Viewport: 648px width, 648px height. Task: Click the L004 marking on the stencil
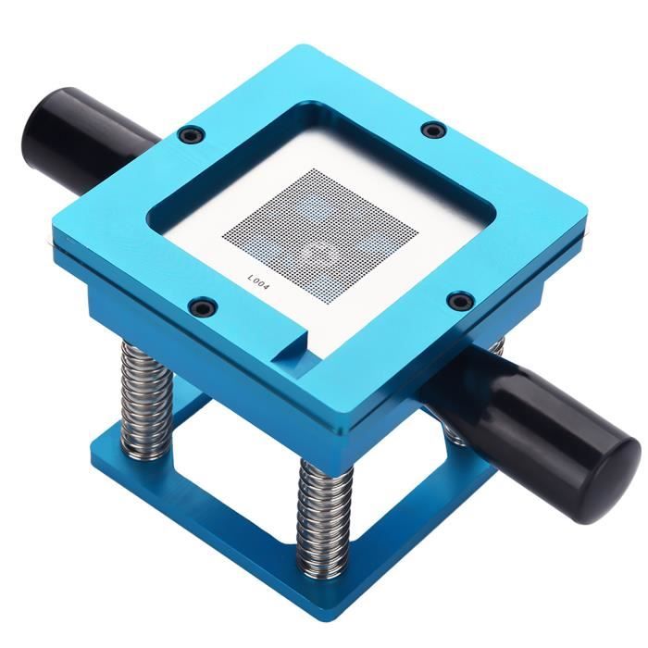pos(258,283)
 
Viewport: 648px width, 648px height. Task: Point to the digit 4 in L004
pos(265,288)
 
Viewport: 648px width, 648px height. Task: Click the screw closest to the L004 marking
pos(202,305)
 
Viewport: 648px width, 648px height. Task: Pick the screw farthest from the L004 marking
pos(434,131)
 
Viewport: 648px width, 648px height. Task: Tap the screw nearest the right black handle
pos(460,300)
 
